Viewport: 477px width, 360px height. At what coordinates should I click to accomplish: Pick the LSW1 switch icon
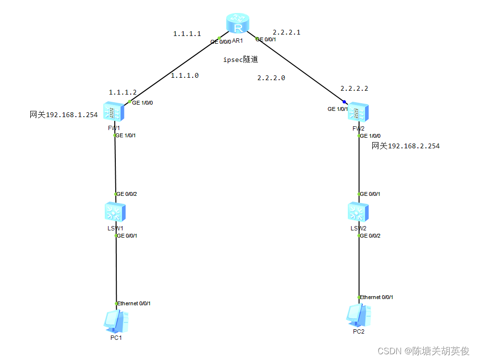pos(115,212)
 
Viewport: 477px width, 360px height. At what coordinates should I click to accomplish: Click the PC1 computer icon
pos(116,321)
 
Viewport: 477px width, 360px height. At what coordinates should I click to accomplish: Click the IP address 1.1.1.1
pos(187,34)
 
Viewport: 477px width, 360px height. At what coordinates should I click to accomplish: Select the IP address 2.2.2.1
pos(286,32)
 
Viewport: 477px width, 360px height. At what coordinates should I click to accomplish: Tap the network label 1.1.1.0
pos(185,75)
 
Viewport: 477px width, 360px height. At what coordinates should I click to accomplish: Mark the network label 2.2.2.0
pos(271,78)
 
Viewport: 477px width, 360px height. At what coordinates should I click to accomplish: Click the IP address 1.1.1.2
pos(122,92)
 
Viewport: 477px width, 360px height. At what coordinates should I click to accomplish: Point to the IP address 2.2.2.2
pos(354,89)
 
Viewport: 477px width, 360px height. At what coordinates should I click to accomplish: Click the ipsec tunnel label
pos(241,60)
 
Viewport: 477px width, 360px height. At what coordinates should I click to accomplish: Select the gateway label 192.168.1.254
pos(64,115)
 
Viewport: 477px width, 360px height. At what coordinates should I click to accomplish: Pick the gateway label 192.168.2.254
pos(405,146)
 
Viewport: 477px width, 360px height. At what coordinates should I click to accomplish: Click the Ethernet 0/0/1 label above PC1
pos(135,303)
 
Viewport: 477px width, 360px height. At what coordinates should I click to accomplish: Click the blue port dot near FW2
pos(344,102)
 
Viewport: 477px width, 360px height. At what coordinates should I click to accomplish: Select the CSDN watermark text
pos(423,351)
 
